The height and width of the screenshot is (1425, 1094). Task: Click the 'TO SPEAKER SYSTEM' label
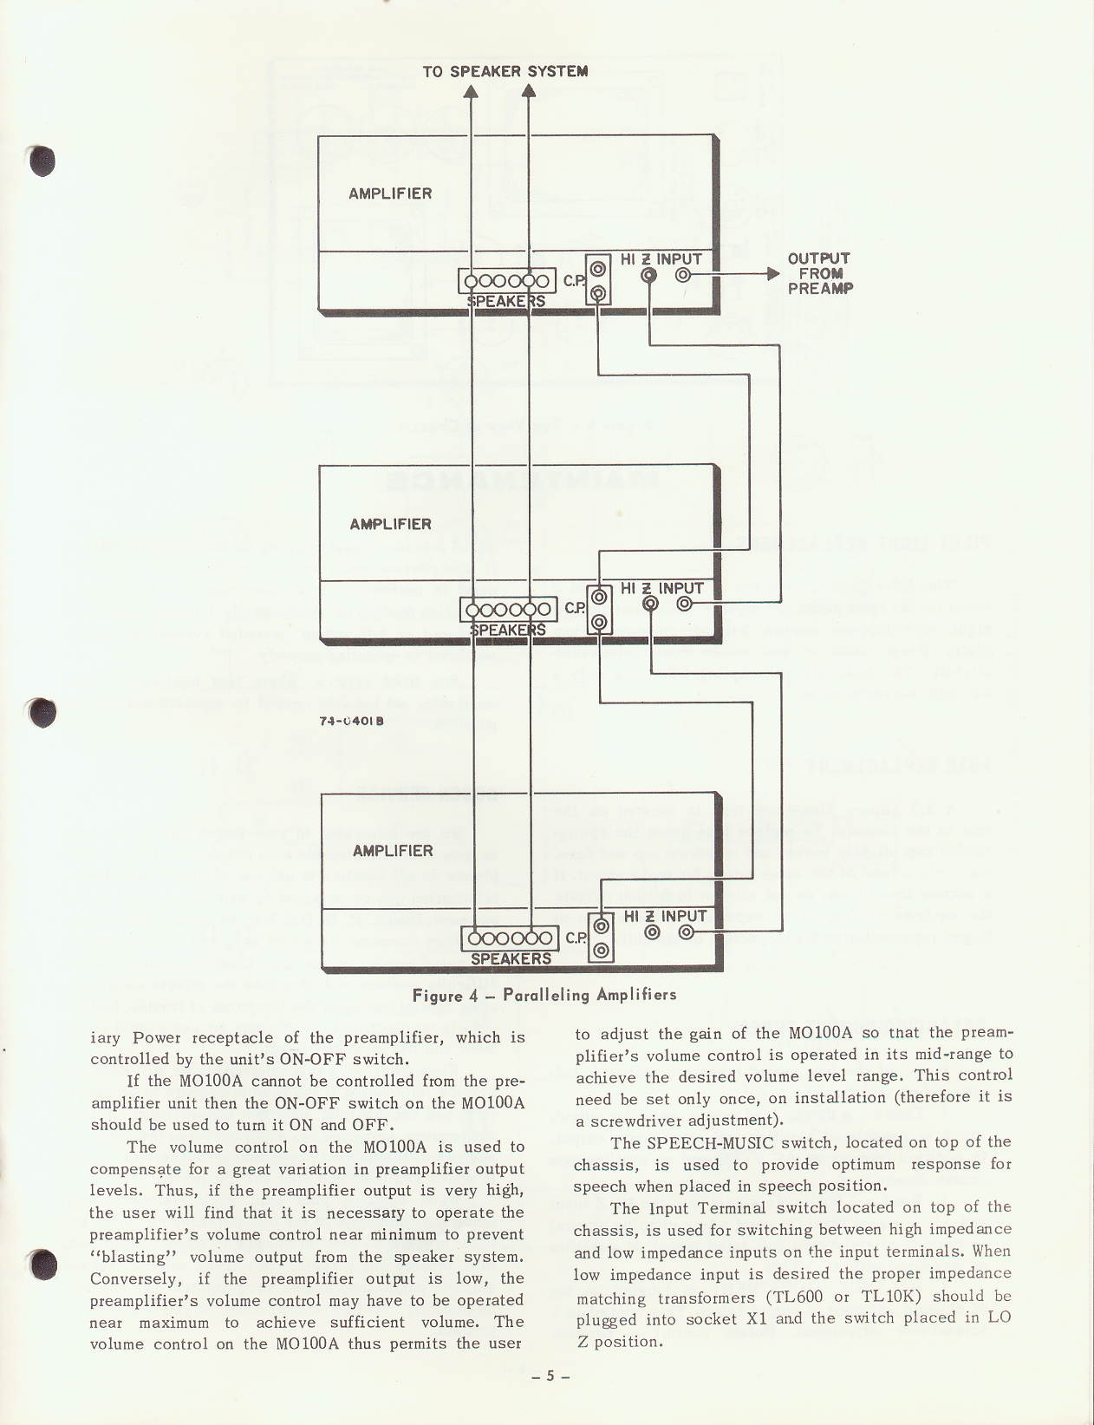coord(505,71)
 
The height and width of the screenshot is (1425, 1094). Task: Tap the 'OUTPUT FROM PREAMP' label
coord(819,273)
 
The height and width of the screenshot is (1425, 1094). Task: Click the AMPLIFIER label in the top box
coord(390,193)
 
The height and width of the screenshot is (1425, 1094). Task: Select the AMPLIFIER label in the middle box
coord(390,524)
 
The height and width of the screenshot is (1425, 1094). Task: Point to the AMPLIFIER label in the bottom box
coord(393,851)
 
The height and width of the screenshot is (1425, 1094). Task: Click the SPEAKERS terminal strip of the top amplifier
coord(508,281)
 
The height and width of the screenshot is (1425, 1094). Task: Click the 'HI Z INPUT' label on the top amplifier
coord(661,259)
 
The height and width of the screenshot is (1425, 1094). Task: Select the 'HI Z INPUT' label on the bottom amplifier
coord(666,917)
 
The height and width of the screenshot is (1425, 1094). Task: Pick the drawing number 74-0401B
coord(352,721)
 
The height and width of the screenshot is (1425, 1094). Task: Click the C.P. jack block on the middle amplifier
coord(599,610)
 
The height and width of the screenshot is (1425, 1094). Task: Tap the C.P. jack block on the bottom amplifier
coord(602,938)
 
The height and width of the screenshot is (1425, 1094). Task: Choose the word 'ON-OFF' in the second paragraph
coord(309,1104)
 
